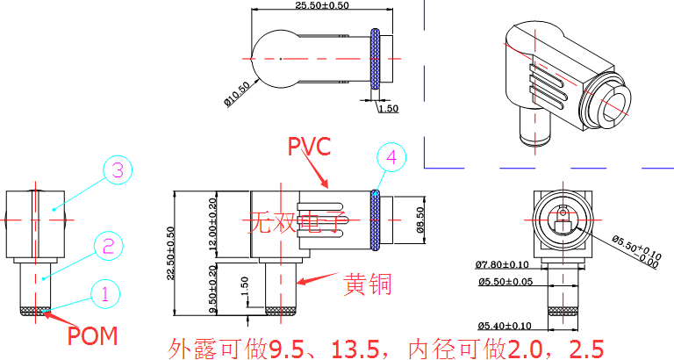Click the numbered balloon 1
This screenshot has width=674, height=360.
point(104,293)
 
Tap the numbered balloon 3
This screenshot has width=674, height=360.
point(117,170)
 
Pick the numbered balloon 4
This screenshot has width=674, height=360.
point(392,158)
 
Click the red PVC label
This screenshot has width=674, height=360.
point(310,146)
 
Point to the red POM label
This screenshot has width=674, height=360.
point(92,335)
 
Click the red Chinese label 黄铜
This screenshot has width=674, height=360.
point(368,284)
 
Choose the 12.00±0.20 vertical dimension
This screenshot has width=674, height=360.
point(212,225)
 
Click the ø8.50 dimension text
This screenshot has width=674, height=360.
point(419,220)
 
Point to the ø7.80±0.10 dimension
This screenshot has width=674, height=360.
point(503,264)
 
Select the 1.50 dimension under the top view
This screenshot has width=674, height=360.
point(387,108)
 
